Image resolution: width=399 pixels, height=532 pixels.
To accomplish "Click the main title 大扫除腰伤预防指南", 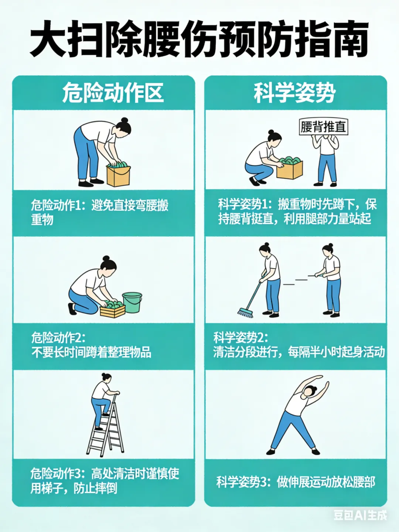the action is click(199, 39).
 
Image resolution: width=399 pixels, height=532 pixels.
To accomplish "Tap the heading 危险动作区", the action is click(113, 93).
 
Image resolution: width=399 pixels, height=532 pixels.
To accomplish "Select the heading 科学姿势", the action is click(295, 93).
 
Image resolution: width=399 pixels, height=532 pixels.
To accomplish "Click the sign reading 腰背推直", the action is click(324, 126).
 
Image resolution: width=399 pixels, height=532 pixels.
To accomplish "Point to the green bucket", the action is click(132, 302).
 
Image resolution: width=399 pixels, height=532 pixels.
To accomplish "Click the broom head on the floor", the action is click(245, 313).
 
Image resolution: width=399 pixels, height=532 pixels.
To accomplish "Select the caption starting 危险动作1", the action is click(100, 212).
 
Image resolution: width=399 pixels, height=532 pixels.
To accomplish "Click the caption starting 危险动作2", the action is click(91, 345).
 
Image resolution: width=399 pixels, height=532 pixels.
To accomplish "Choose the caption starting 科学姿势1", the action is click(297, 211).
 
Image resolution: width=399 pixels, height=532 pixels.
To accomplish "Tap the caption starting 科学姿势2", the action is click(299, 345).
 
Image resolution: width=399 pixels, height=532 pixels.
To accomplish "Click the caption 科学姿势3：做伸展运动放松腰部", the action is click(296, 482).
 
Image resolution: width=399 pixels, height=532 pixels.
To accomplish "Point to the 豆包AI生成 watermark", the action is click(360, 515).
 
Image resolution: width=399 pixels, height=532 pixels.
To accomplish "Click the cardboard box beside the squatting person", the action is click(290, 169).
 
